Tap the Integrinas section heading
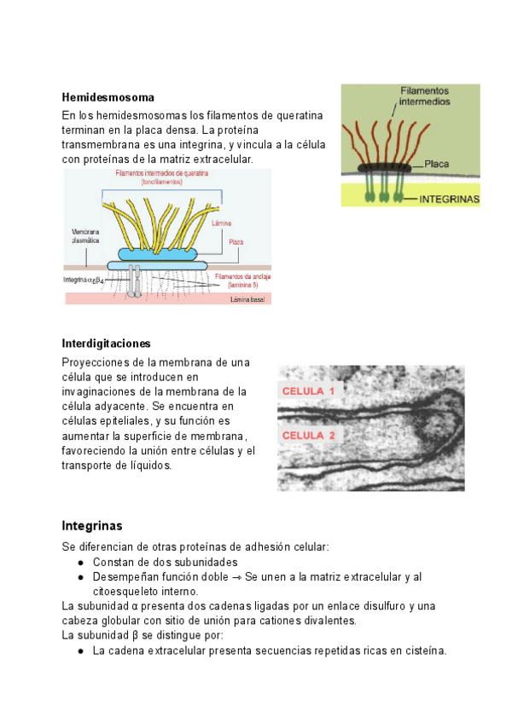coord(92,525)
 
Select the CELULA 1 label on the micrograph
coord(309,391)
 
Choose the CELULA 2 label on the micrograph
coord(309,436)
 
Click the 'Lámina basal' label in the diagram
coord(247,299)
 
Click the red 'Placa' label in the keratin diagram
coord(236,242)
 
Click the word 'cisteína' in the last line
coord(421,651)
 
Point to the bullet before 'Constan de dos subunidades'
coord(79,563)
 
